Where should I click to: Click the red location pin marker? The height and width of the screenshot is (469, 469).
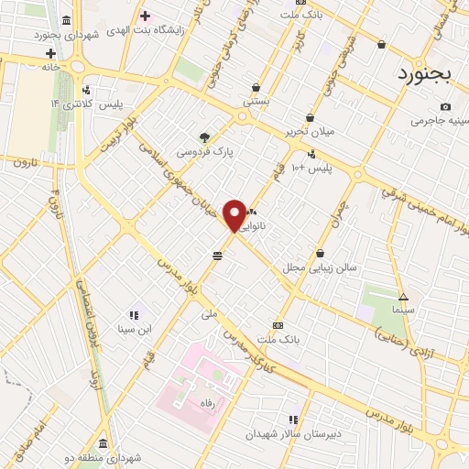click(x=235, y=215)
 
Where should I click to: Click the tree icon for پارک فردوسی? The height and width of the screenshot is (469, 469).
click(x=203, y=137)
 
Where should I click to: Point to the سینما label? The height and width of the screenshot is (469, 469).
click(x=403, y=310)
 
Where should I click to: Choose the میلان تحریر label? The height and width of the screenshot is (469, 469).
click(x=310, y=131)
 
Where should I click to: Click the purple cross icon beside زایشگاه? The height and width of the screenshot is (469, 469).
click(x=145, y=16)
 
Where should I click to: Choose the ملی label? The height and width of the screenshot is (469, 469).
click(x=211, y=313)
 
